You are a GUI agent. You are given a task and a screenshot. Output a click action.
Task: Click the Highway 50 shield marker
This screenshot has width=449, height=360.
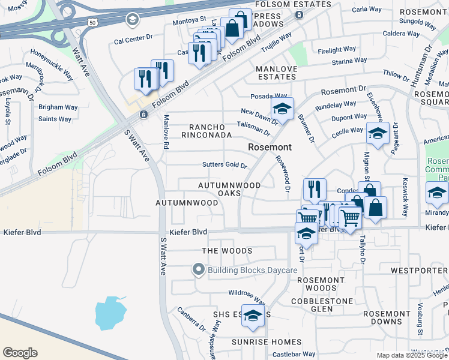[92, 22]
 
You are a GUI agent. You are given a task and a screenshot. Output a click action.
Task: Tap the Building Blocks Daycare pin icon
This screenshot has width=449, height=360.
[199, 271]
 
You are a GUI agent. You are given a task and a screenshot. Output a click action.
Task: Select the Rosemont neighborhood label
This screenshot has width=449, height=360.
[270, 147]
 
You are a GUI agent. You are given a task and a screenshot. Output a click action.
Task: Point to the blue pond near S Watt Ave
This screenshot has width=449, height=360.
[111, 313]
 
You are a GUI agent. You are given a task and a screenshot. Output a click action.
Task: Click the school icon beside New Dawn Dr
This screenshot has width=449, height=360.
[282, 109]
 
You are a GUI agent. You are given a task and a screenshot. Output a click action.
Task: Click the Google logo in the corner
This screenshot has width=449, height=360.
[20, 352]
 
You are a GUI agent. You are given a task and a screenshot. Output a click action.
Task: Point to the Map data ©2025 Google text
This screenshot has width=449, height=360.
[412, 355]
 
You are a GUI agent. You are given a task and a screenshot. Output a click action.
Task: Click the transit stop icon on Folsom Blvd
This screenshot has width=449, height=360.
[143, 114]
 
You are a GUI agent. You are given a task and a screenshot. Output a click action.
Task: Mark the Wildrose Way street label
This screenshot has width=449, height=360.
[246, 296]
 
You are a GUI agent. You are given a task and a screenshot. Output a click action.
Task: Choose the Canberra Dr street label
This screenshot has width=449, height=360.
[190, 320]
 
